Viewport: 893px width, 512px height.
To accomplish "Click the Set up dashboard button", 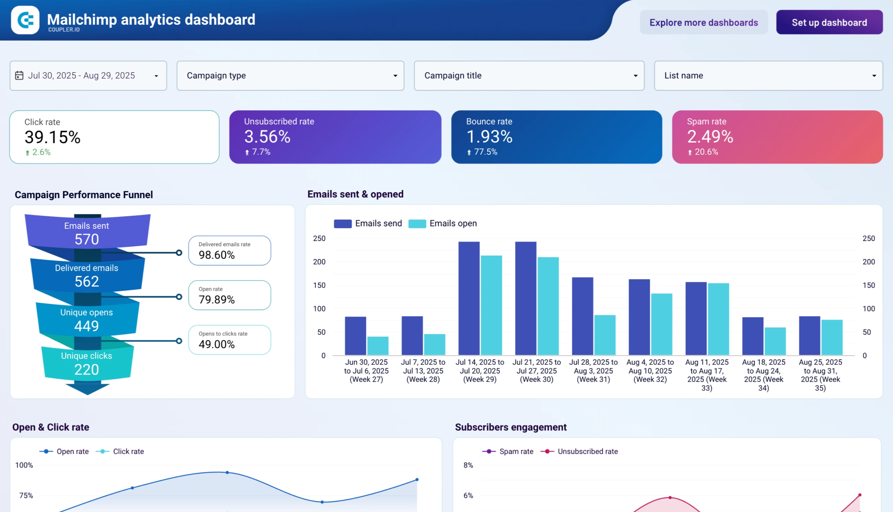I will pos(829,22).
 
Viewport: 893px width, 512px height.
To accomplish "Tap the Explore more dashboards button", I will pos(704,22).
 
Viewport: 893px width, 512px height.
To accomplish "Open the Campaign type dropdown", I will pos(290,76).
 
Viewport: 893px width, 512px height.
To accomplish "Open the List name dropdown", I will pos(768,76).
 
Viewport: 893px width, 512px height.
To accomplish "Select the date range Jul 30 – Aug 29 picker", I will pos(88,76).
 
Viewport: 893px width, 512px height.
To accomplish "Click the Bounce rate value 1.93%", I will pos(489,137).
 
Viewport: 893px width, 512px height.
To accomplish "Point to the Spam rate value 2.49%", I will pos(710,137).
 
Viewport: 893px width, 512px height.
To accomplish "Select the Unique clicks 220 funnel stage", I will pos(87,363).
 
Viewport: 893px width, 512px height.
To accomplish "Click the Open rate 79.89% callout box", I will pos(229,295).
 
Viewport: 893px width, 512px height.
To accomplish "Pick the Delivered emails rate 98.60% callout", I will pos(229,251).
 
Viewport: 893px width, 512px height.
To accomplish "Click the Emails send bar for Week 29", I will pos(469,299).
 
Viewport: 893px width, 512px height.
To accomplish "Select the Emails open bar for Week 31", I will pos(605,335).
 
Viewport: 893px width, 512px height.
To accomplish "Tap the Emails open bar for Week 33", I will pos(718,319).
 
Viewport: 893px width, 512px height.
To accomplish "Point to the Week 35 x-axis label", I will pos(820,375).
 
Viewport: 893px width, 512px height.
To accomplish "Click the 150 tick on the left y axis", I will pos(319,285).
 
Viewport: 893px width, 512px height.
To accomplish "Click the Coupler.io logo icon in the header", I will pos(25,20).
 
